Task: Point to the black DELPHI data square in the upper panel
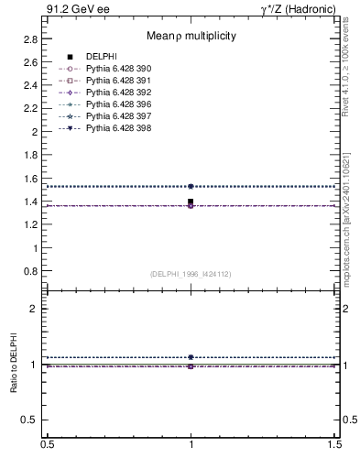coord(191,202)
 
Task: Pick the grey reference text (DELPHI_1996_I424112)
coord(191,273)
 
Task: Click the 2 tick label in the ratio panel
coord(34,309)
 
